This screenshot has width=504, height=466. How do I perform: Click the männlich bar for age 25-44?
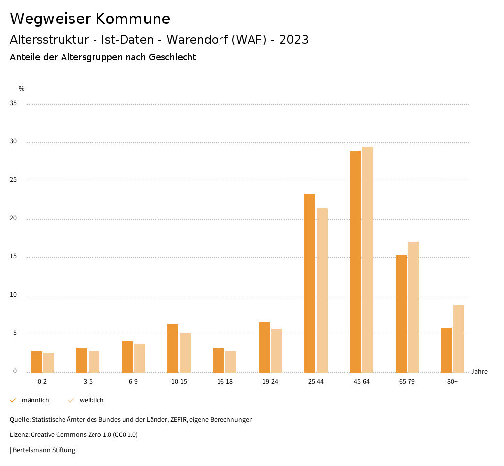tap(310, 283)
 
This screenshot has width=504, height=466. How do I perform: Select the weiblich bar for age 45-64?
tap(368, 260)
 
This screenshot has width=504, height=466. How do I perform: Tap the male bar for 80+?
tap(446, 350)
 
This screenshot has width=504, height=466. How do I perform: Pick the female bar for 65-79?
tap(413, 307)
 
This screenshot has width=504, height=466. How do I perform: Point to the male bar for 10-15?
tap(173, 348)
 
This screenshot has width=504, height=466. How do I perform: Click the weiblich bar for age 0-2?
tap(49, 363)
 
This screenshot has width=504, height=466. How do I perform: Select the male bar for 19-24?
tap(264, 347)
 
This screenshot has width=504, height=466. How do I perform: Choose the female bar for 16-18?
tap(231, 361)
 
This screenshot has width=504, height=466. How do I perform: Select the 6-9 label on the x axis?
tap(133, 382)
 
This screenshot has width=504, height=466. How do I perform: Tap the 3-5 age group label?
tap(88, 382)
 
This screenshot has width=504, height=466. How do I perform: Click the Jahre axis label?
tap(479, 372)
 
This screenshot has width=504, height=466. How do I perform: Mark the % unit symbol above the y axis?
tap(22, 89)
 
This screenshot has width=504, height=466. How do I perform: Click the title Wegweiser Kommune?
tap(90, 19)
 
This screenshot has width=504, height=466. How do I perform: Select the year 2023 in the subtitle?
tap(294, 40)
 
